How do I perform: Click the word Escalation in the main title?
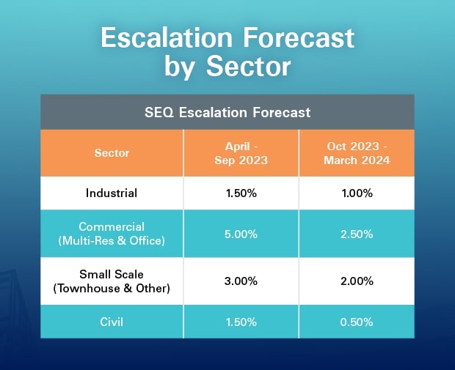coord(167,37)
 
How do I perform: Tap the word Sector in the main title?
coord(248,67)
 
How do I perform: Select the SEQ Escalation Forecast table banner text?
coord(227,112)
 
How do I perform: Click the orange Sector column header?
coord(112,152)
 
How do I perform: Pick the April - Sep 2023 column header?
coord(241,153)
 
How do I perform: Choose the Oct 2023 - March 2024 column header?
coord(357,153)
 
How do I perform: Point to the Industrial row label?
coord(112,193)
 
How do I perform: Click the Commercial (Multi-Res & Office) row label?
coord(112,234)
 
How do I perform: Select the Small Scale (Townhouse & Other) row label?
coord(112,281)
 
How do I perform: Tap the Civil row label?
coord(112,322)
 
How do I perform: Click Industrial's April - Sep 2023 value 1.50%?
coord(241,193)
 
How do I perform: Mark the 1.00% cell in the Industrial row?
coord(357,193)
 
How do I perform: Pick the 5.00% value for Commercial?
coord(241,234)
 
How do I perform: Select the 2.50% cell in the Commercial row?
coord(357,234)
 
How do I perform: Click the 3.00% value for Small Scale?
coord(241,281)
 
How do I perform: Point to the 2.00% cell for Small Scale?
coord(357,281)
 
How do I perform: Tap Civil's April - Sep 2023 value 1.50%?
coord(241,322)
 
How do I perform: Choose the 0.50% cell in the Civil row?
coord(357,322)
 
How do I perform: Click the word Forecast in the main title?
coord(299,37)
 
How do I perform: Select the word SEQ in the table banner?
coord(159,112)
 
